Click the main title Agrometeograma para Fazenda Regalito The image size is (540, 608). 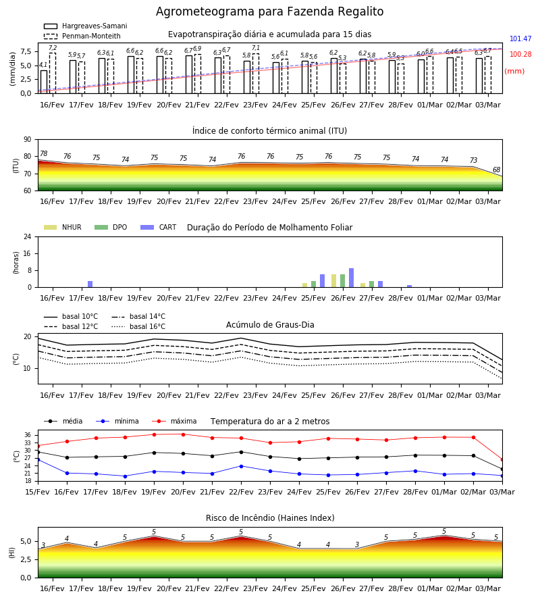(269, 11)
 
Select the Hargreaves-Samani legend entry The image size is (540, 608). (85, 26)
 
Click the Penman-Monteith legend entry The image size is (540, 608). (82, 36)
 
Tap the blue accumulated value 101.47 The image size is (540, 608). (520, 39)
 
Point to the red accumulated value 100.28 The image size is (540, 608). (520, 54)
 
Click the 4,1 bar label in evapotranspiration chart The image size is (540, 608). (43, 65)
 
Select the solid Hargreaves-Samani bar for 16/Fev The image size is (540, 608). (44, 82)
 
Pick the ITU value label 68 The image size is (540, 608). (496, 170)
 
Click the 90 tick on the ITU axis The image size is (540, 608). (28, 140)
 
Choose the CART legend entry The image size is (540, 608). (159, 227)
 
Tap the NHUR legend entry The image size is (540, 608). (63, 227)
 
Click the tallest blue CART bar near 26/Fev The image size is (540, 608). (352, 278)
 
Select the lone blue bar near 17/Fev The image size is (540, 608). (90, 284)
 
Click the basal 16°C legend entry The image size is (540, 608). (138, 326)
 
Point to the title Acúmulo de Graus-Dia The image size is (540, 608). (270, 325)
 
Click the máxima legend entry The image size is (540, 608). (175, 421)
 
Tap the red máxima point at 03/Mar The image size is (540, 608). (502, 460)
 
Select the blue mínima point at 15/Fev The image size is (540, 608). (38, 460)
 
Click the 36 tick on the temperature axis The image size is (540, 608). (28, 435)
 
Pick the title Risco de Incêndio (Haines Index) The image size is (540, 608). (270, 518)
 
